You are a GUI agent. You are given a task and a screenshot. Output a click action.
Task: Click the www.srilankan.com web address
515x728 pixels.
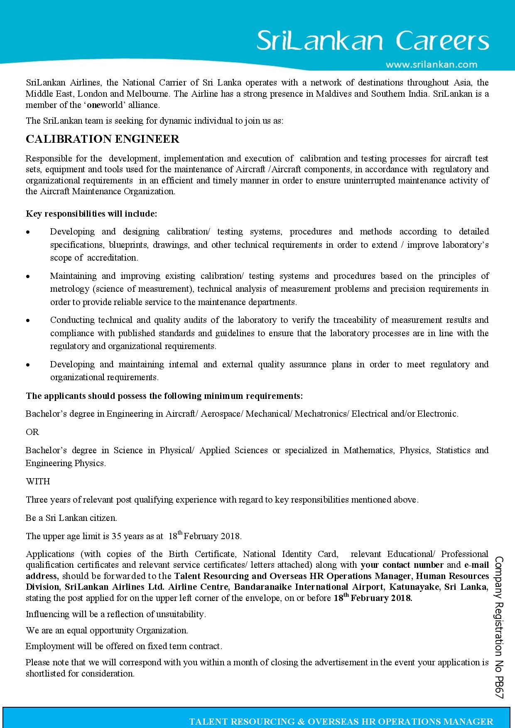432,65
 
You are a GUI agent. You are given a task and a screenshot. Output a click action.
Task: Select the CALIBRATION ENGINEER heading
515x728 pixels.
103,139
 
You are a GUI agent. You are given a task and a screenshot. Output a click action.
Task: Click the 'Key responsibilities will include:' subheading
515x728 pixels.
91,214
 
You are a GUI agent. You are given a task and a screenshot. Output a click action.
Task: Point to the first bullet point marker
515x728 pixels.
28,232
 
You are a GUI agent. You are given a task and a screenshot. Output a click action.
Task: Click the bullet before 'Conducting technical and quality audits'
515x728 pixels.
28,320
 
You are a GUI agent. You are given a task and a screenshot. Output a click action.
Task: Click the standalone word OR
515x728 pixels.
32,432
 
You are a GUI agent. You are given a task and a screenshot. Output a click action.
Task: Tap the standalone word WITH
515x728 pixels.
38,481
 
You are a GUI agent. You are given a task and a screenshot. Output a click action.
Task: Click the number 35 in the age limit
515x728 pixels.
116,536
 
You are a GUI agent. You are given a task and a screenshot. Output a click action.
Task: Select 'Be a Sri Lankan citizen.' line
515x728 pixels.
71,518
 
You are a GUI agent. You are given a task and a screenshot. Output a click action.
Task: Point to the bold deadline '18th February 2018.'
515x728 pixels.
373,598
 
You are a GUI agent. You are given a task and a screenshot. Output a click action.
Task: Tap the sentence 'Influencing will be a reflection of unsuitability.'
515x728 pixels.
116,614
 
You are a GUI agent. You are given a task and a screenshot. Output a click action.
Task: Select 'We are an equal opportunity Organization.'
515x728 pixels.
107,630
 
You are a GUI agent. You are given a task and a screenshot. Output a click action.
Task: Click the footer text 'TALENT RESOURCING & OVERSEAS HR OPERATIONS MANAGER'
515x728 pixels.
341,722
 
